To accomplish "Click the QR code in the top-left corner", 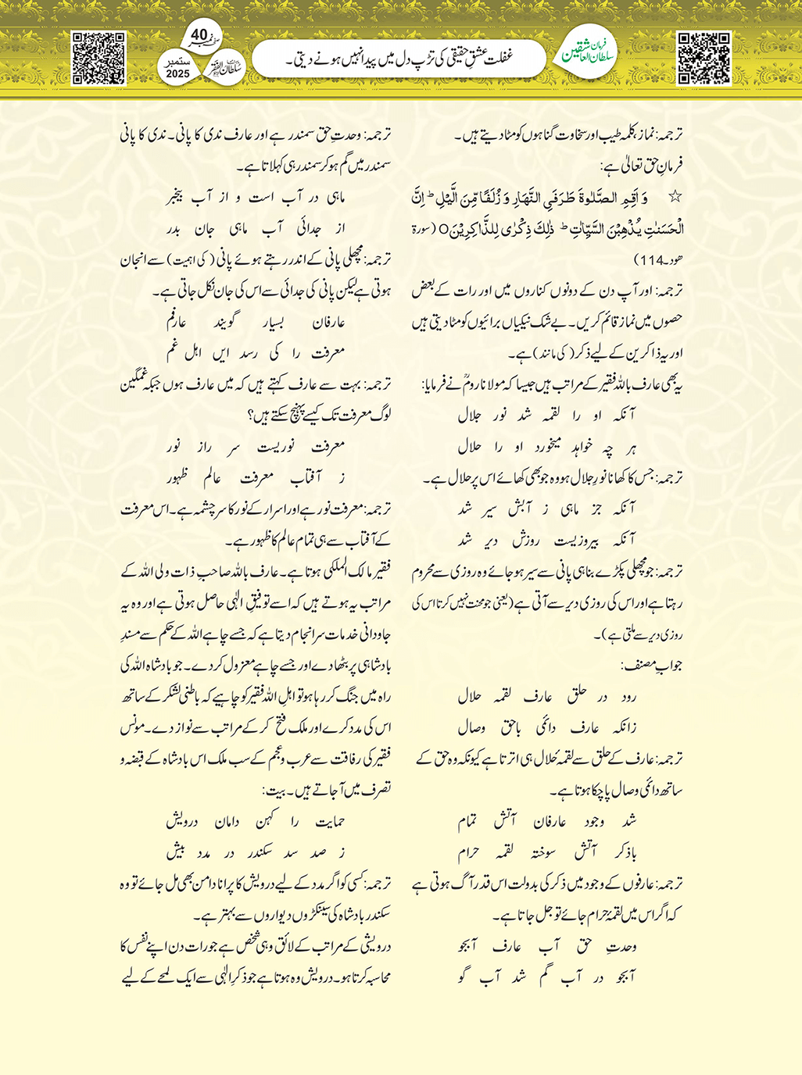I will [98, 58].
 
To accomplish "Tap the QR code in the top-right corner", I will [704, 58].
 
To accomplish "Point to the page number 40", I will [199, 35].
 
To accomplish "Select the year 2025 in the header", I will [177, 73].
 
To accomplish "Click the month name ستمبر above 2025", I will [177, 61].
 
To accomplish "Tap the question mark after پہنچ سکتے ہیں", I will [249, 415].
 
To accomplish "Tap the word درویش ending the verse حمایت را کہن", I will [182, 821].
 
